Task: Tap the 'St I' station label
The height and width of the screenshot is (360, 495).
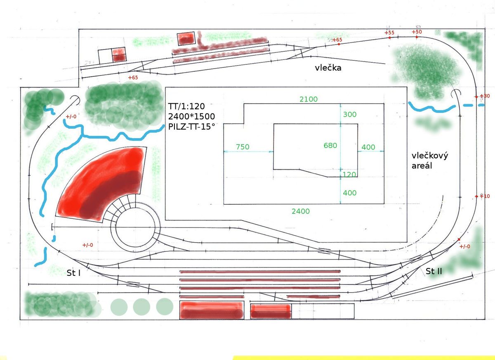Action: pyautogui.click(x=73, y=273)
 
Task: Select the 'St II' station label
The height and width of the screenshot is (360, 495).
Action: pyautogui.click(x=434, y=271)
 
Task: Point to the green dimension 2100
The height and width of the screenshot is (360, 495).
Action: pyautogui.click(x=309, y=99)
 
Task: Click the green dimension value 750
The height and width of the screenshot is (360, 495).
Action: pyautogui.click(x=243, y=147)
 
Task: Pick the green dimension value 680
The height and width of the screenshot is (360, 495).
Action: pyautogui.click(x=330, y=145)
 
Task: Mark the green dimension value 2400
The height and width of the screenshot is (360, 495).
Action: pyautogui.click(x=300, y=211)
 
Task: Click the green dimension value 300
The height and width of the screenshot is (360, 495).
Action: pyautogui.click(x=350, y=114)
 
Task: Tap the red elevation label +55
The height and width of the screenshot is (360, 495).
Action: pyautogui.click(x=389, y=33)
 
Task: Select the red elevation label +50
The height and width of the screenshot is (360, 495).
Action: pyautogui.click(x=417, y=32)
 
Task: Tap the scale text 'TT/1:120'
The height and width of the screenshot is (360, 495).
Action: pyautogui.click(x=186, y=107)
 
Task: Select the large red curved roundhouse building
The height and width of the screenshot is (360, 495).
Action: pyautogui.click(x=101, y=184)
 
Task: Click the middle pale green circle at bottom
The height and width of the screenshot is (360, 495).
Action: pyautogui.click(x=141, y=306)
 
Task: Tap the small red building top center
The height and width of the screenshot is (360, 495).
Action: pyautogui.click(x=186, y=38)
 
